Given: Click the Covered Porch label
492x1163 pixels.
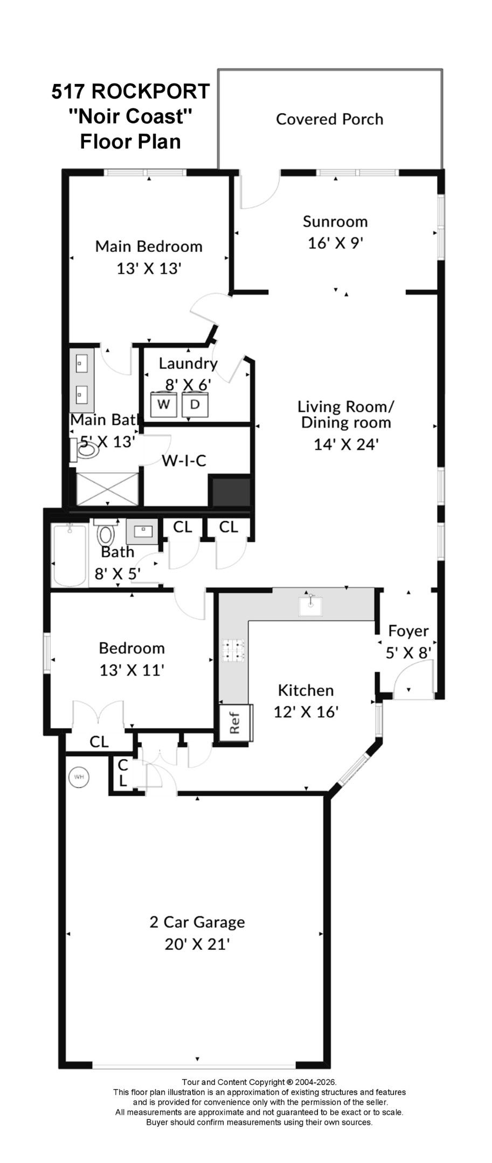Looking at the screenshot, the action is pyautogui.click(x=329, y=119).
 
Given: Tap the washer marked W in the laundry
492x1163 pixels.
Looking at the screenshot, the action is pyautogui.click(x=164, y=405).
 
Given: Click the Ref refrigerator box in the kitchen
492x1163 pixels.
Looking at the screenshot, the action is pyautogui.click(x=235, y=723).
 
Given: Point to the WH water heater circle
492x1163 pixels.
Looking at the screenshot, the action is pyautogui.click(x=79, y=777).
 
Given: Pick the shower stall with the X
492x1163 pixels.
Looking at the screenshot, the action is pyautogui.click(x=108, y=489).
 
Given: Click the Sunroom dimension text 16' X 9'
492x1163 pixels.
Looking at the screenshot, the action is pyautogui.click(x=335, y=243).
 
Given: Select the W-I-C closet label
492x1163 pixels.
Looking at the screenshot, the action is pyautogui.click(x=184, y=460).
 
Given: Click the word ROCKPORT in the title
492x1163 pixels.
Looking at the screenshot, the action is pyautogui.click(x=150, y=92).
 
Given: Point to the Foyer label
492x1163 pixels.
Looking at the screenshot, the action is pyautogui.click(x=408, y=631).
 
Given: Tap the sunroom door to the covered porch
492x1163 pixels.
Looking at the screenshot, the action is pyautogui.click(x=259, y=191).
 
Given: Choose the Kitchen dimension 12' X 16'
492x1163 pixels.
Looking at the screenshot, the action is pyautogui.click(x=306, y=712).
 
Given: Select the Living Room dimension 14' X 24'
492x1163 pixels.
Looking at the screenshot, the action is pyautogui.click(x=346, y=445).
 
